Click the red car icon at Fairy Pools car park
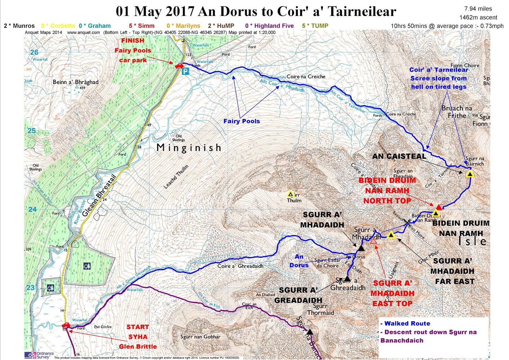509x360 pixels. click(x=179, y=66)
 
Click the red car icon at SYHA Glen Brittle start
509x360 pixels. click(x=66, y=325)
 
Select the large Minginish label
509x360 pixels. click(x=189, y=148)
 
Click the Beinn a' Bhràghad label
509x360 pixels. click(x=75, y=82)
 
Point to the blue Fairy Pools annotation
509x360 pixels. click(x=241, y=121)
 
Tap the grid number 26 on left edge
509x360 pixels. click(x=34, y=52)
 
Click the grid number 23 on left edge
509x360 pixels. click(x=30, y=287)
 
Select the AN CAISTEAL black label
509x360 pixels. click(x=399, y=156)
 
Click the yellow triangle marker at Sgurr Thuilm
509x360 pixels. click(x=290, y=194)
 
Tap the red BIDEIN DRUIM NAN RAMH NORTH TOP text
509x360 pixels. click(x=387, y=190)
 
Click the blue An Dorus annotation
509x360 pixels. click(x=299, y=261)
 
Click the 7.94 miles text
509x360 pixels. click(x=478, y=9)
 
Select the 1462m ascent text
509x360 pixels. click(x=478, y=18)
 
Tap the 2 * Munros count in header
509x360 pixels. click(x=19, y=26)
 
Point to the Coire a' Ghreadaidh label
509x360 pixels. click(x=240, y=266)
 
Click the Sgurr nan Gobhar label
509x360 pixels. click(x=200, y=337)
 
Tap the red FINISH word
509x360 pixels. click(x=133, y=41)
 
